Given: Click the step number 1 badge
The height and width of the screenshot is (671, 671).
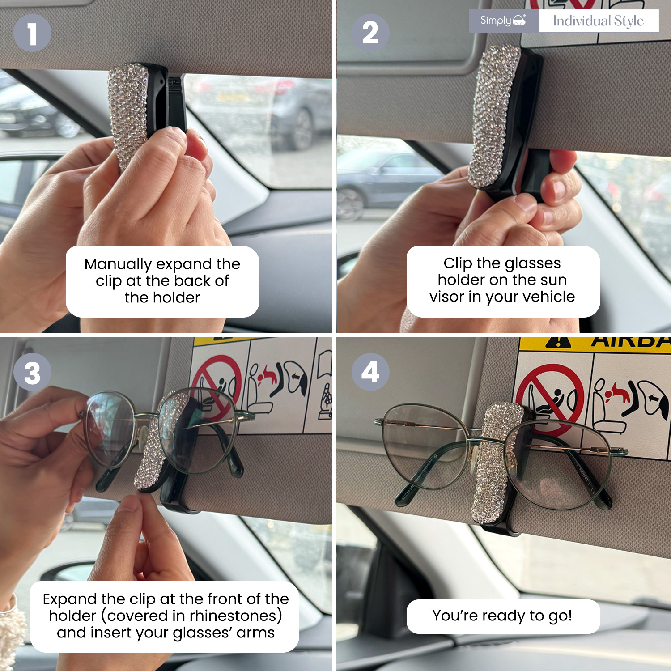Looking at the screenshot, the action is (x=32, y=33).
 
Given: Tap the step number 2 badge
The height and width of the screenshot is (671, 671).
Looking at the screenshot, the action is (x=370, y=33).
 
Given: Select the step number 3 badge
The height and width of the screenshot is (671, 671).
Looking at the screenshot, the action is (x=32, y=372).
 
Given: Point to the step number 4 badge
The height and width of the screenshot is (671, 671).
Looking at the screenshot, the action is (x=370, y=372).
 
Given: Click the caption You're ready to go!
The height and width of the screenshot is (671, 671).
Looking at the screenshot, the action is (x=502, y=616).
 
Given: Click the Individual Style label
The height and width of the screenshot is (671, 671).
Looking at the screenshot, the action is (x=598, y=21).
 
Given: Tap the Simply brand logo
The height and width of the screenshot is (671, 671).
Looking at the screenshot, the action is (x=503, y=21).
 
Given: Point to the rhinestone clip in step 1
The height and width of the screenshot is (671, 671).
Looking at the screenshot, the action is (x=129, y=114).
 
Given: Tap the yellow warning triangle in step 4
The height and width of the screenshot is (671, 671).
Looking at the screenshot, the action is (x=558, y=343).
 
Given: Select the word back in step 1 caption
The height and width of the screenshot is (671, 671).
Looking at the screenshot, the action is (x=192, y=281).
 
